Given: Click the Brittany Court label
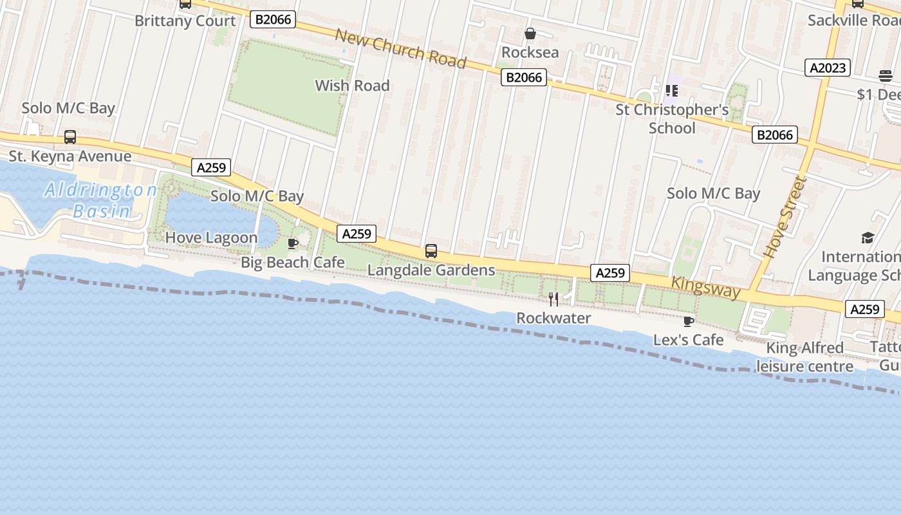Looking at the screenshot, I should tap(185, 21).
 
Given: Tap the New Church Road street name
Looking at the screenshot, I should tap(400, 48).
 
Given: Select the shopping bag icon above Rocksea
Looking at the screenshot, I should tap(530, 33).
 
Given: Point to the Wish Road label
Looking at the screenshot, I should tap(352, 86).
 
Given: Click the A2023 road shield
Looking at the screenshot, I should tap(828, 68).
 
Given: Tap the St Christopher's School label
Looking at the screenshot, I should tap(672, 118).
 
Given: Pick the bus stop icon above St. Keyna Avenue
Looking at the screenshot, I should tap(70, 137).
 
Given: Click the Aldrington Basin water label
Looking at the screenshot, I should tap(100, 200).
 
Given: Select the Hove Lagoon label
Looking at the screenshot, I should tap(211, 238).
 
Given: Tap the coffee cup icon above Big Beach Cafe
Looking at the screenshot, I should tap(293, 243).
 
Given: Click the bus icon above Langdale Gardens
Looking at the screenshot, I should tap(431, 251).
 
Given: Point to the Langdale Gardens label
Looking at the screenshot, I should tap(431, 270).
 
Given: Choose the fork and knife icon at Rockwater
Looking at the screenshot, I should tap(553, 299).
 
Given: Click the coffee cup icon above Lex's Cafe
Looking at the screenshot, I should tap(689, 321).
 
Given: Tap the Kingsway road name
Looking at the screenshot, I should tap(705, 287).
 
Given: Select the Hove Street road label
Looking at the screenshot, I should tap(785, 216).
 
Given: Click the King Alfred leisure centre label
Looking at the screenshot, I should tap(804, 357).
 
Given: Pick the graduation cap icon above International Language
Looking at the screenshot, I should tap(868, 238).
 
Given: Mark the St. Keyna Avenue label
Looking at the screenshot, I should tap(70, 156).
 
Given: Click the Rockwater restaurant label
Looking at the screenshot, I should tap(553, 318).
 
